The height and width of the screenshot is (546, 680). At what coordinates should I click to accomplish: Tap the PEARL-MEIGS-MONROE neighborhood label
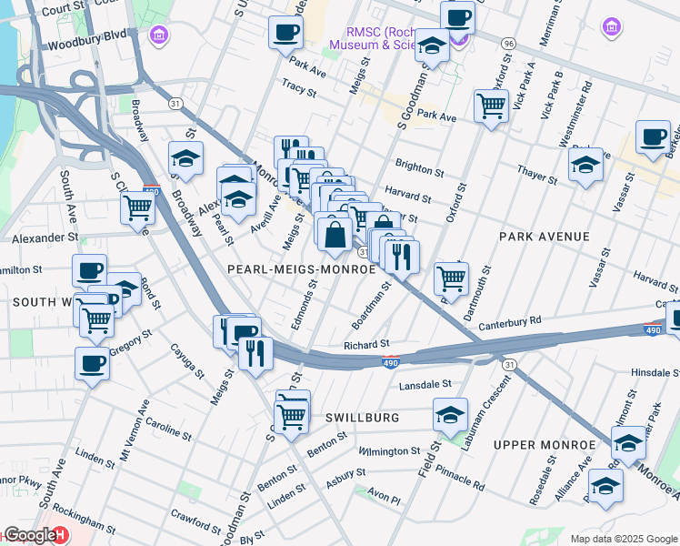pos(301,270)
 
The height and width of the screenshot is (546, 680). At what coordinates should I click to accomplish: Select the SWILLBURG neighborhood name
pos(363,418)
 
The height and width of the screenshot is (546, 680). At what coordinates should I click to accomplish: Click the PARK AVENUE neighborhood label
pos(544,237)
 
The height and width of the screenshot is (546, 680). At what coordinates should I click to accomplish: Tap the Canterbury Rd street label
pos(509,320)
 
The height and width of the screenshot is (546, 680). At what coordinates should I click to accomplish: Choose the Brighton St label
pos(419,171)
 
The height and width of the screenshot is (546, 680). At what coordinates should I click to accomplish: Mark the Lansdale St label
pos(425,385)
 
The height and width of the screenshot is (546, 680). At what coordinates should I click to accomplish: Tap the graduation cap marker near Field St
pos(450,415)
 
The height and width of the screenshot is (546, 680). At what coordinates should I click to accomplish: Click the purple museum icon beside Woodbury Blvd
pos(159,35)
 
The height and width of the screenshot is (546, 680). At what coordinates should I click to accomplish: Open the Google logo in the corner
pos(29,535)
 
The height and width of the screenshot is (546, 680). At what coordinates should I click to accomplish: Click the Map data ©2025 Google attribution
pos(624,539)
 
